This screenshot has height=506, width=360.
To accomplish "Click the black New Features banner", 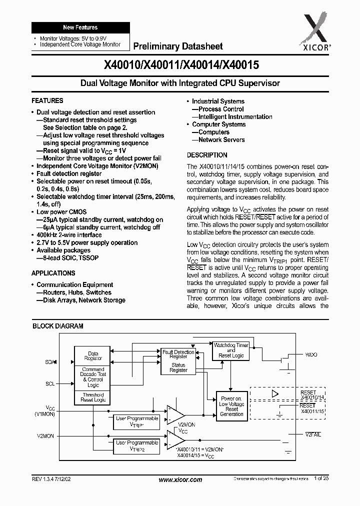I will (x=80, y=27).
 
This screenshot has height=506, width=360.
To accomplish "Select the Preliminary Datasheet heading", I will (x=177, y=46).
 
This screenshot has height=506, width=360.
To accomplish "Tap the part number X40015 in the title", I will (x=239, y=65).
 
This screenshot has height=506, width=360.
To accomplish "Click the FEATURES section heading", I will (x=47, y=100).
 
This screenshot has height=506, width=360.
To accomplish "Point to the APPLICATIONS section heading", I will (x=53, y=273).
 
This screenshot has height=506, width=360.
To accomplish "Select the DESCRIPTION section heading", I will (x=207, y=155).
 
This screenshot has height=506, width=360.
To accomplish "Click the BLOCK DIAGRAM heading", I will (x=58, y=326).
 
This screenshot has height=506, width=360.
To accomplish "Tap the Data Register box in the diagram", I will (x=93, y=356).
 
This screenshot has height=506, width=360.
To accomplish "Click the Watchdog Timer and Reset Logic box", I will (x=230, y=350).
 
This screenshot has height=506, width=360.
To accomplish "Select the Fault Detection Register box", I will (x=178, y=354).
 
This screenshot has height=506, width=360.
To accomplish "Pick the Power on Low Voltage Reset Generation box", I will (x=231, y=406).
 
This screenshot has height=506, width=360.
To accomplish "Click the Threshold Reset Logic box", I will (x=93, y=397).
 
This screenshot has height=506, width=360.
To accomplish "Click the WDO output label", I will (x=311, y=354).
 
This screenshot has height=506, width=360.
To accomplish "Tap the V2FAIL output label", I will (x=313, y=434).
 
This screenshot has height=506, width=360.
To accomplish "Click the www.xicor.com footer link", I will (x=180, y=480).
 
